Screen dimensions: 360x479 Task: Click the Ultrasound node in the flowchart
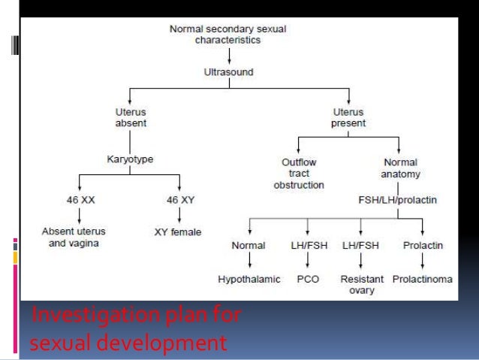(228, 72)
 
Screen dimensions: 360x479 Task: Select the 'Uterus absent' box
(131, 116)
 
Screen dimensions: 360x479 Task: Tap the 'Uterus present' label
(348, 116)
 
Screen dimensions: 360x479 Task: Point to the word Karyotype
(131, 159)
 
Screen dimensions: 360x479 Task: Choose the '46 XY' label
(180, 201)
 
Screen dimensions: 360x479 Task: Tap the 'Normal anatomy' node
(399, 167)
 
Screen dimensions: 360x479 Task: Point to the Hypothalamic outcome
(249, 279)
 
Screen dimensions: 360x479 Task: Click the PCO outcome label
(307, 279)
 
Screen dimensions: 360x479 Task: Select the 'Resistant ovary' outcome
(362, 284)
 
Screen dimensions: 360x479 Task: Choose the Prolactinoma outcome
(423, 279)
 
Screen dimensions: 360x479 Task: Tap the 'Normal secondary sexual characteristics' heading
(228, 34)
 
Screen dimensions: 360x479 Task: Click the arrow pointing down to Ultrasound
(228, 56)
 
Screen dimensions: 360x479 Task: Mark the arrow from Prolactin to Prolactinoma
(423, 262)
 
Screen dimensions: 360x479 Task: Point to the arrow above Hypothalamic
(249, 262)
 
